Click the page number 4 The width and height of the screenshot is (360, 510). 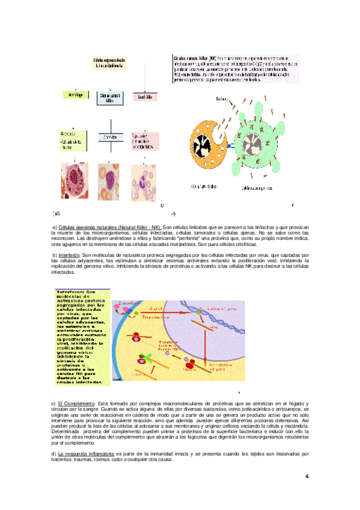pyautogui.click(x=307, y=477)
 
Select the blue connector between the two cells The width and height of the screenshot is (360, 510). pyautogui.click(x=230, y=146)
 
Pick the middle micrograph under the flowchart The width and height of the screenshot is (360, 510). pyautogui.click(x=110, y=181)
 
